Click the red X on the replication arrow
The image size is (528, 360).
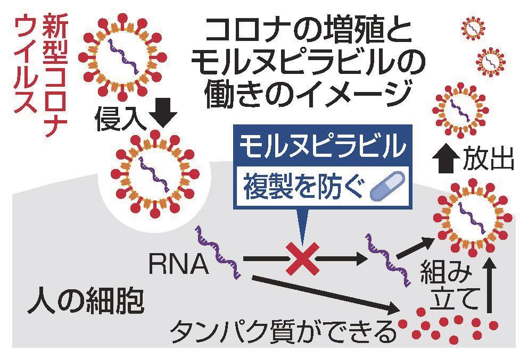tap(302, 259)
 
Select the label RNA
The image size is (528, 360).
tap(178, 264)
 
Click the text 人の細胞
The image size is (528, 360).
tap(86, 302)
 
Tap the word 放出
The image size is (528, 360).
tap(488, 159)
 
